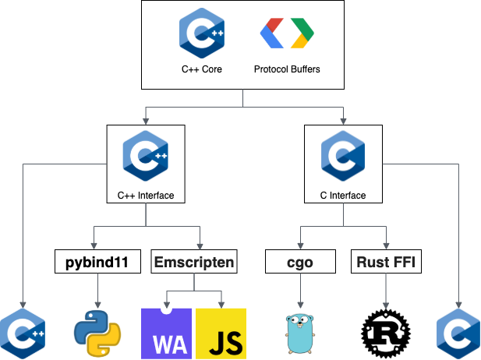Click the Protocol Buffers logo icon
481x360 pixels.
click(x=287, y=34)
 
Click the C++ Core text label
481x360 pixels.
click(x=202, y=69)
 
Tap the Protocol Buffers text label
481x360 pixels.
click(x=287, y=69)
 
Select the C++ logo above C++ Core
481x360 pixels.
click(x=202, y=34)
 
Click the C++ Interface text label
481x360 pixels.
click(x=145, y=195)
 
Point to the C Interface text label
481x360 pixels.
click(x=343, y=195)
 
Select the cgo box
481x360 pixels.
click(x=299, y=263)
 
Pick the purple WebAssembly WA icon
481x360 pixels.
click(x=166, y=333)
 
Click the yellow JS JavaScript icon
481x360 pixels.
click(x=221, y=333)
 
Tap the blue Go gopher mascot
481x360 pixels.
click(x=300, y=334)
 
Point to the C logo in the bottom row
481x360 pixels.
click(x=459, y=334)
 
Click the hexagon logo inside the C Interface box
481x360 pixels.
click(x=343, y=156)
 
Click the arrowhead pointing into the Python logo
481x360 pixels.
click(x=97, y=305)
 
